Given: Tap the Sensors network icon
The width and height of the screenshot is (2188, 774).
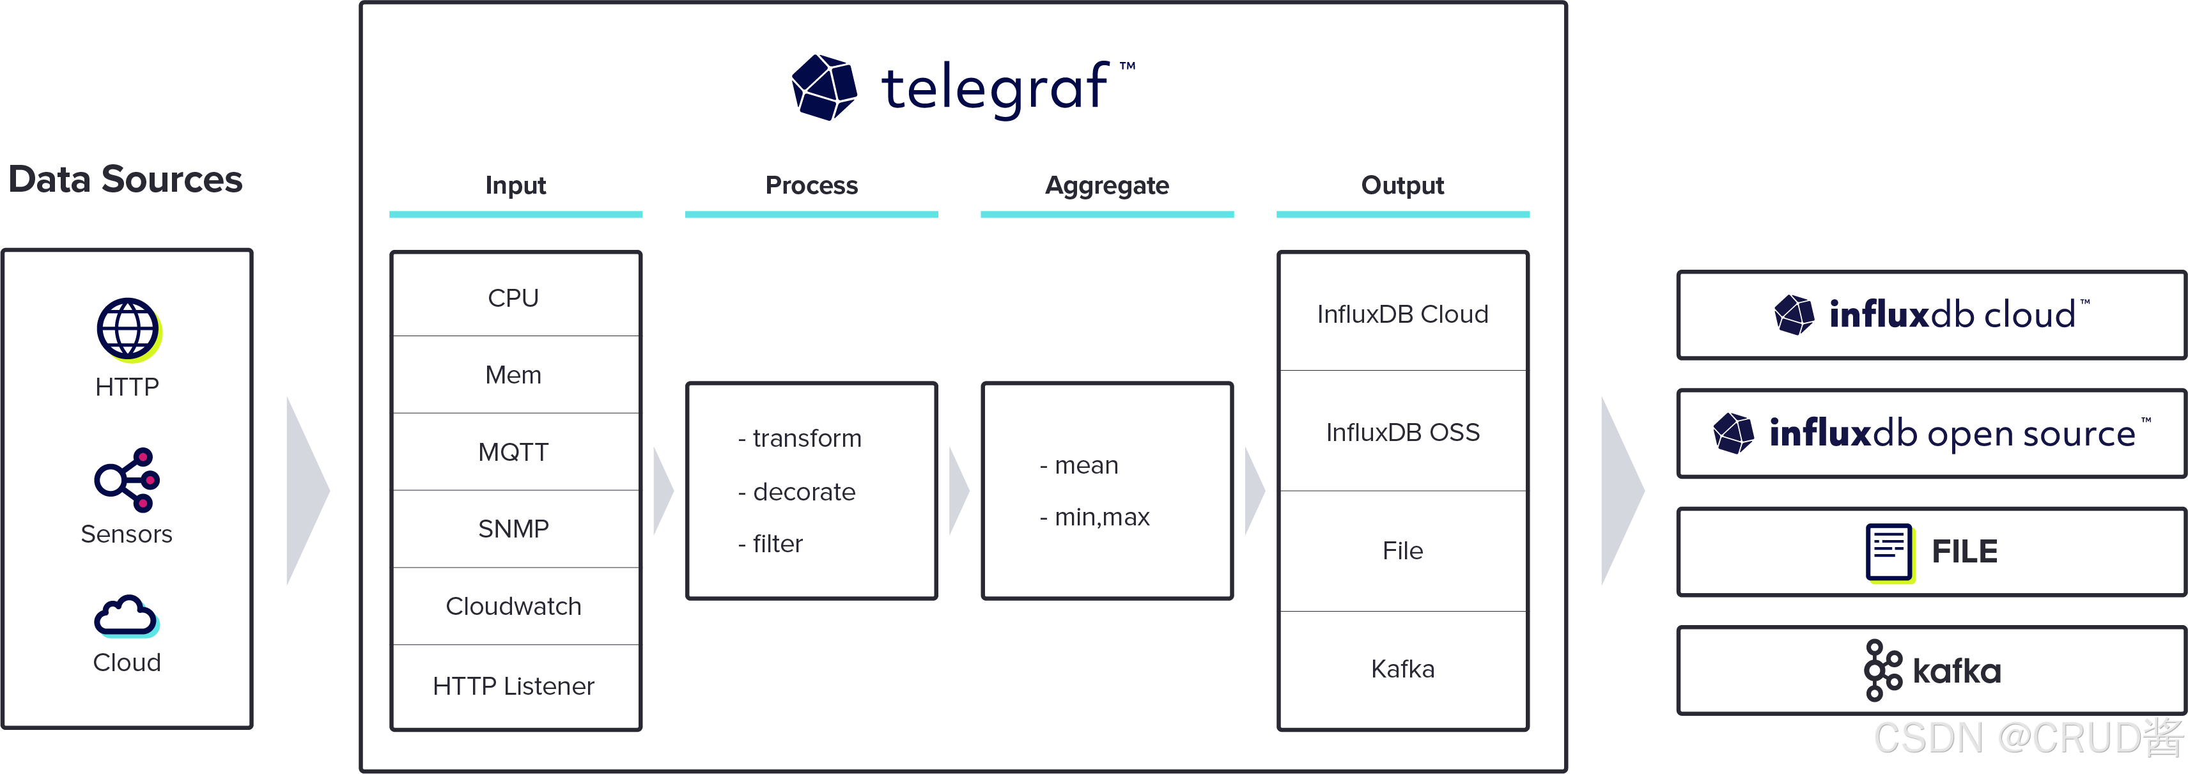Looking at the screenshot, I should pos(127,480).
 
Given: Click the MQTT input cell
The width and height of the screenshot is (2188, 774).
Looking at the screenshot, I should pos(514,452).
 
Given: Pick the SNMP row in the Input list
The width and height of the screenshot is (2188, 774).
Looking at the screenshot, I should pos(514,529).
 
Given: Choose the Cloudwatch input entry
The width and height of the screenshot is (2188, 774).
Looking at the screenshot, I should pos(514,606).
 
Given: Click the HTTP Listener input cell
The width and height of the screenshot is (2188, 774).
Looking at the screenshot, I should pos(514,686).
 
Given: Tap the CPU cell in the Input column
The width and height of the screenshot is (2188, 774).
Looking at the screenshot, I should pos(514,297).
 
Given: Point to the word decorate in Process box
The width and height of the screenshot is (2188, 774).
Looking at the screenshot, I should pos(803,492).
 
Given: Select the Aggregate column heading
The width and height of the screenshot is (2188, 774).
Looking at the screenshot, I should pos(1106,185).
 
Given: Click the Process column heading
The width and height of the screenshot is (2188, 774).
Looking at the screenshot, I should pos(811,185).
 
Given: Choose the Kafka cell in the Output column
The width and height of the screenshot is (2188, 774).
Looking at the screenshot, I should pos(1402,669).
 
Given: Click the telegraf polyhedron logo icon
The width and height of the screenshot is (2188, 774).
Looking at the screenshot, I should pos(823,88).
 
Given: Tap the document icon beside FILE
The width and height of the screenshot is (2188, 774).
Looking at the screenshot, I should pos(1888,552).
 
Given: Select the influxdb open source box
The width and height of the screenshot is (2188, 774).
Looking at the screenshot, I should pos(1930,433).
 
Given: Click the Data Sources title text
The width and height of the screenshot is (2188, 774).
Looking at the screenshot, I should pos(126,179).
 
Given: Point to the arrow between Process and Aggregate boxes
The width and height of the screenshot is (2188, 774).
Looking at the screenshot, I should pos(959,491).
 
